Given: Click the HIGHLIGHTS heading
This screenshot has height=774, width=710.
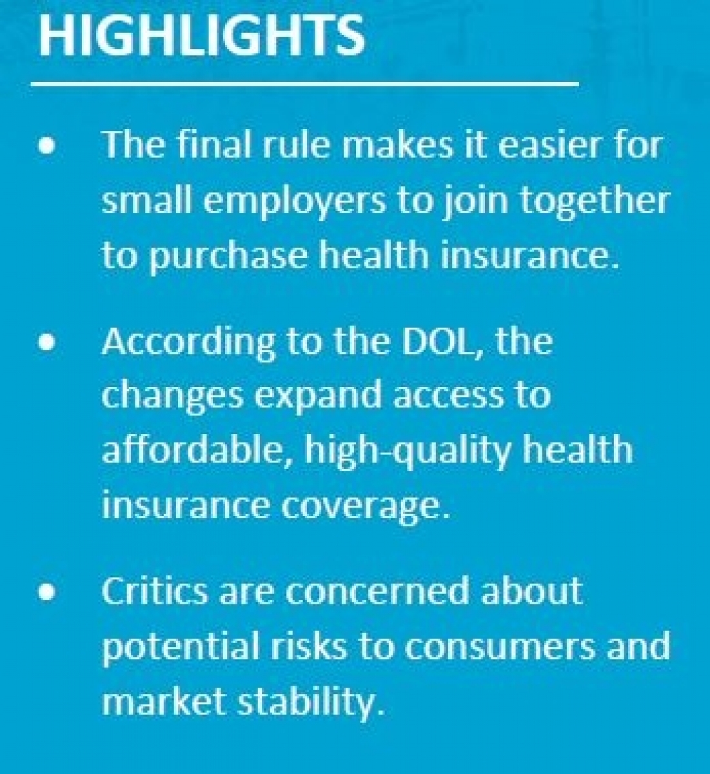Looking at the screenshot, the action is point(202,35).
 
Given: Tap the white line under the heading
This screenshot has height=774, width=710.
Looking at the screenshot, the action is point(305,83).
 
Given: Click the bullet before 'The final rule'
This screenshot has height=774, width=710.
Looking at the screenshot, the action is point(46,147).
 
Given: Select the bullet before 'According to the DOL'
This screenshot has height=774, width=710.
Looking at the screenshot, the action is point(46,342).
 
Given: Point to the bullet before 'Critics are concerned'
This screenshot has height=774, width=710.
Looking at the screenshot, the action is point(46,591).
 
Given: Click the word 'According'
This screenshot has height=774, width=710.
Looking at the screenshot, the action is point(189,343).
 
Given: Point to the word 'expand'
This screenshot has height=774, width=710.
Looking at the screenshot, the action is point(317,398).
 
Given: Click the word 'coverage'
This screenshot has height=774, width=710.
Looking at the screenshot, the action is point(366,506).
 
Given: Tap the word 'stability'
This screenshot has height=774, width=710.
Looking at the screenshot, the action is point(311,702).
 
